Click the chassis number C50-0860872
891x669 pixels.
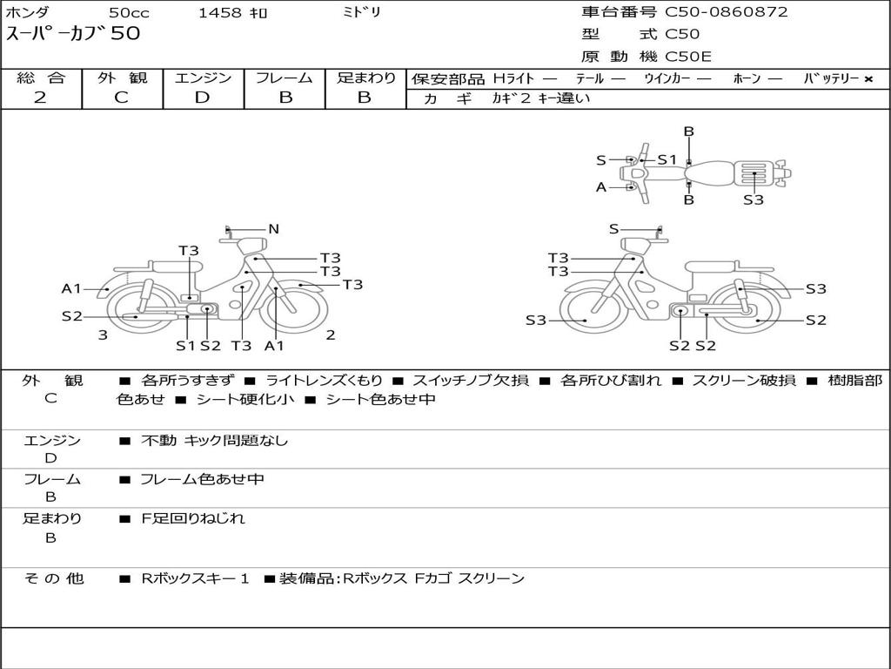[727, 12]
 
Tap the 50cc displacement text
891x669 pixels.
[129, 12]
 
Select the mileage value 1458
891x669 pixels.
[220, 12]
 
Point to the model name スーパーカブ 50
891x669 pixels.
[73, 34]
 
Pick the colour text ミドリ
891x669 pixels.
[361, 12]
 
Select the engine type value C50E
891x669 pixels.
[688, 57]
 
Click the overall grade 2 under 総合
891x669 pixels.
[40, 98]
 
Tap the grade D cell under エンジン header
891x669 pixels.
[203, 98]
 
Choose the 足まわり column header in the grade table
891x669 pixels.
[366, 78]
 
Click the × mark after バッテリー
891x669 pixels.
[868, 79]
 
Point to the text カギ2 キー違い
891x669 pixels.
[540, 98]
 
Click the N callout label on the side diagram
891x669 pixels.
[273, 229]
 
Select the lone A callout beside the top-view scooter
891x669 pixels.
[601, 186]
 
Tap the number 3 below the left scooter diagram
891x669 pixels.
[103, 334]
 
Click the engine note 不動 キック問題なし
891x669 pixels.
[214, 441]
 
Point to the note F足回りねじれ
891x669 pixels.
[193, 518]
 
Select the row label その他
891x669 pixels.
[53, 578]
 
